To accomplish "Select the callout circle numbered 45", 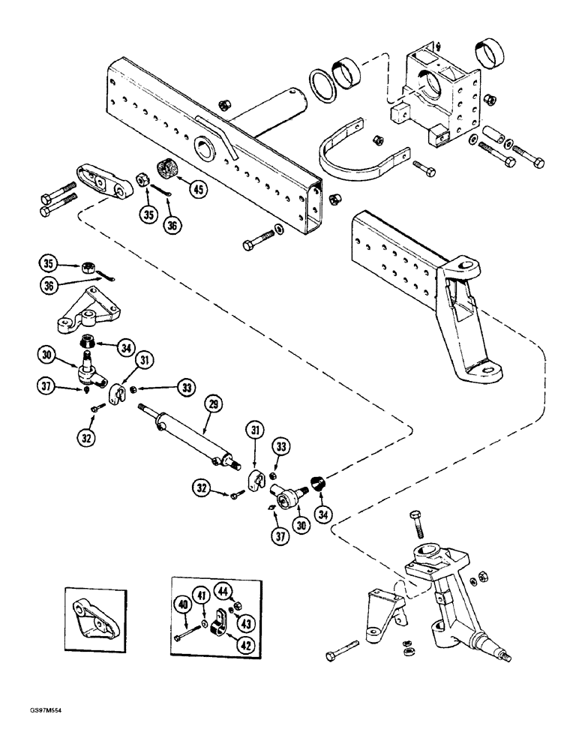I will [x=198, y=190].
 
